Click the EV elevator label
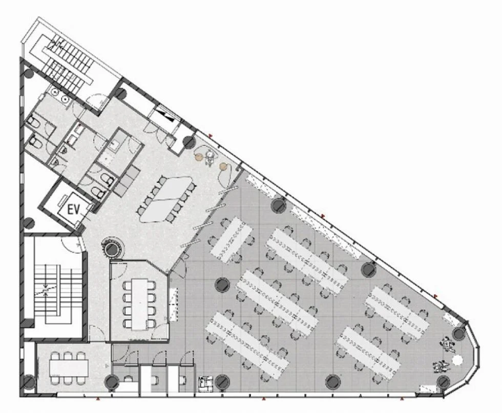[74, 210]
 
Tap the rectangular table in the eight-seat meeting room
[139, 304]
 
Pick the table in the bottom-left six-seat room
[69, 367]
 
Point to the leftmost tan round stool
[199, 157]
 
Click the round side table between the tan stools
[211, 154]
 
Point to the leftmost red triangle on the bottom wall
[98, 399]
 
